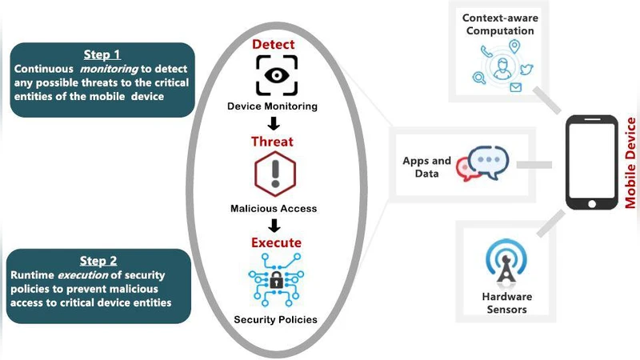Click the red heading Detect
(274, 45)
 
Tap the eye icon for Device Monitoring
(274, 76)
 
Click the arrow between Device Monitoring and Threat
(274, 123)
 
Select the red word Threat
(273, 142)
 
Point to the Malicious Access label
(273, 208)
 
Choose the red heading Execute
(274, 242)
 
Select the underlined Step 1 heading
(102, 54)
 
